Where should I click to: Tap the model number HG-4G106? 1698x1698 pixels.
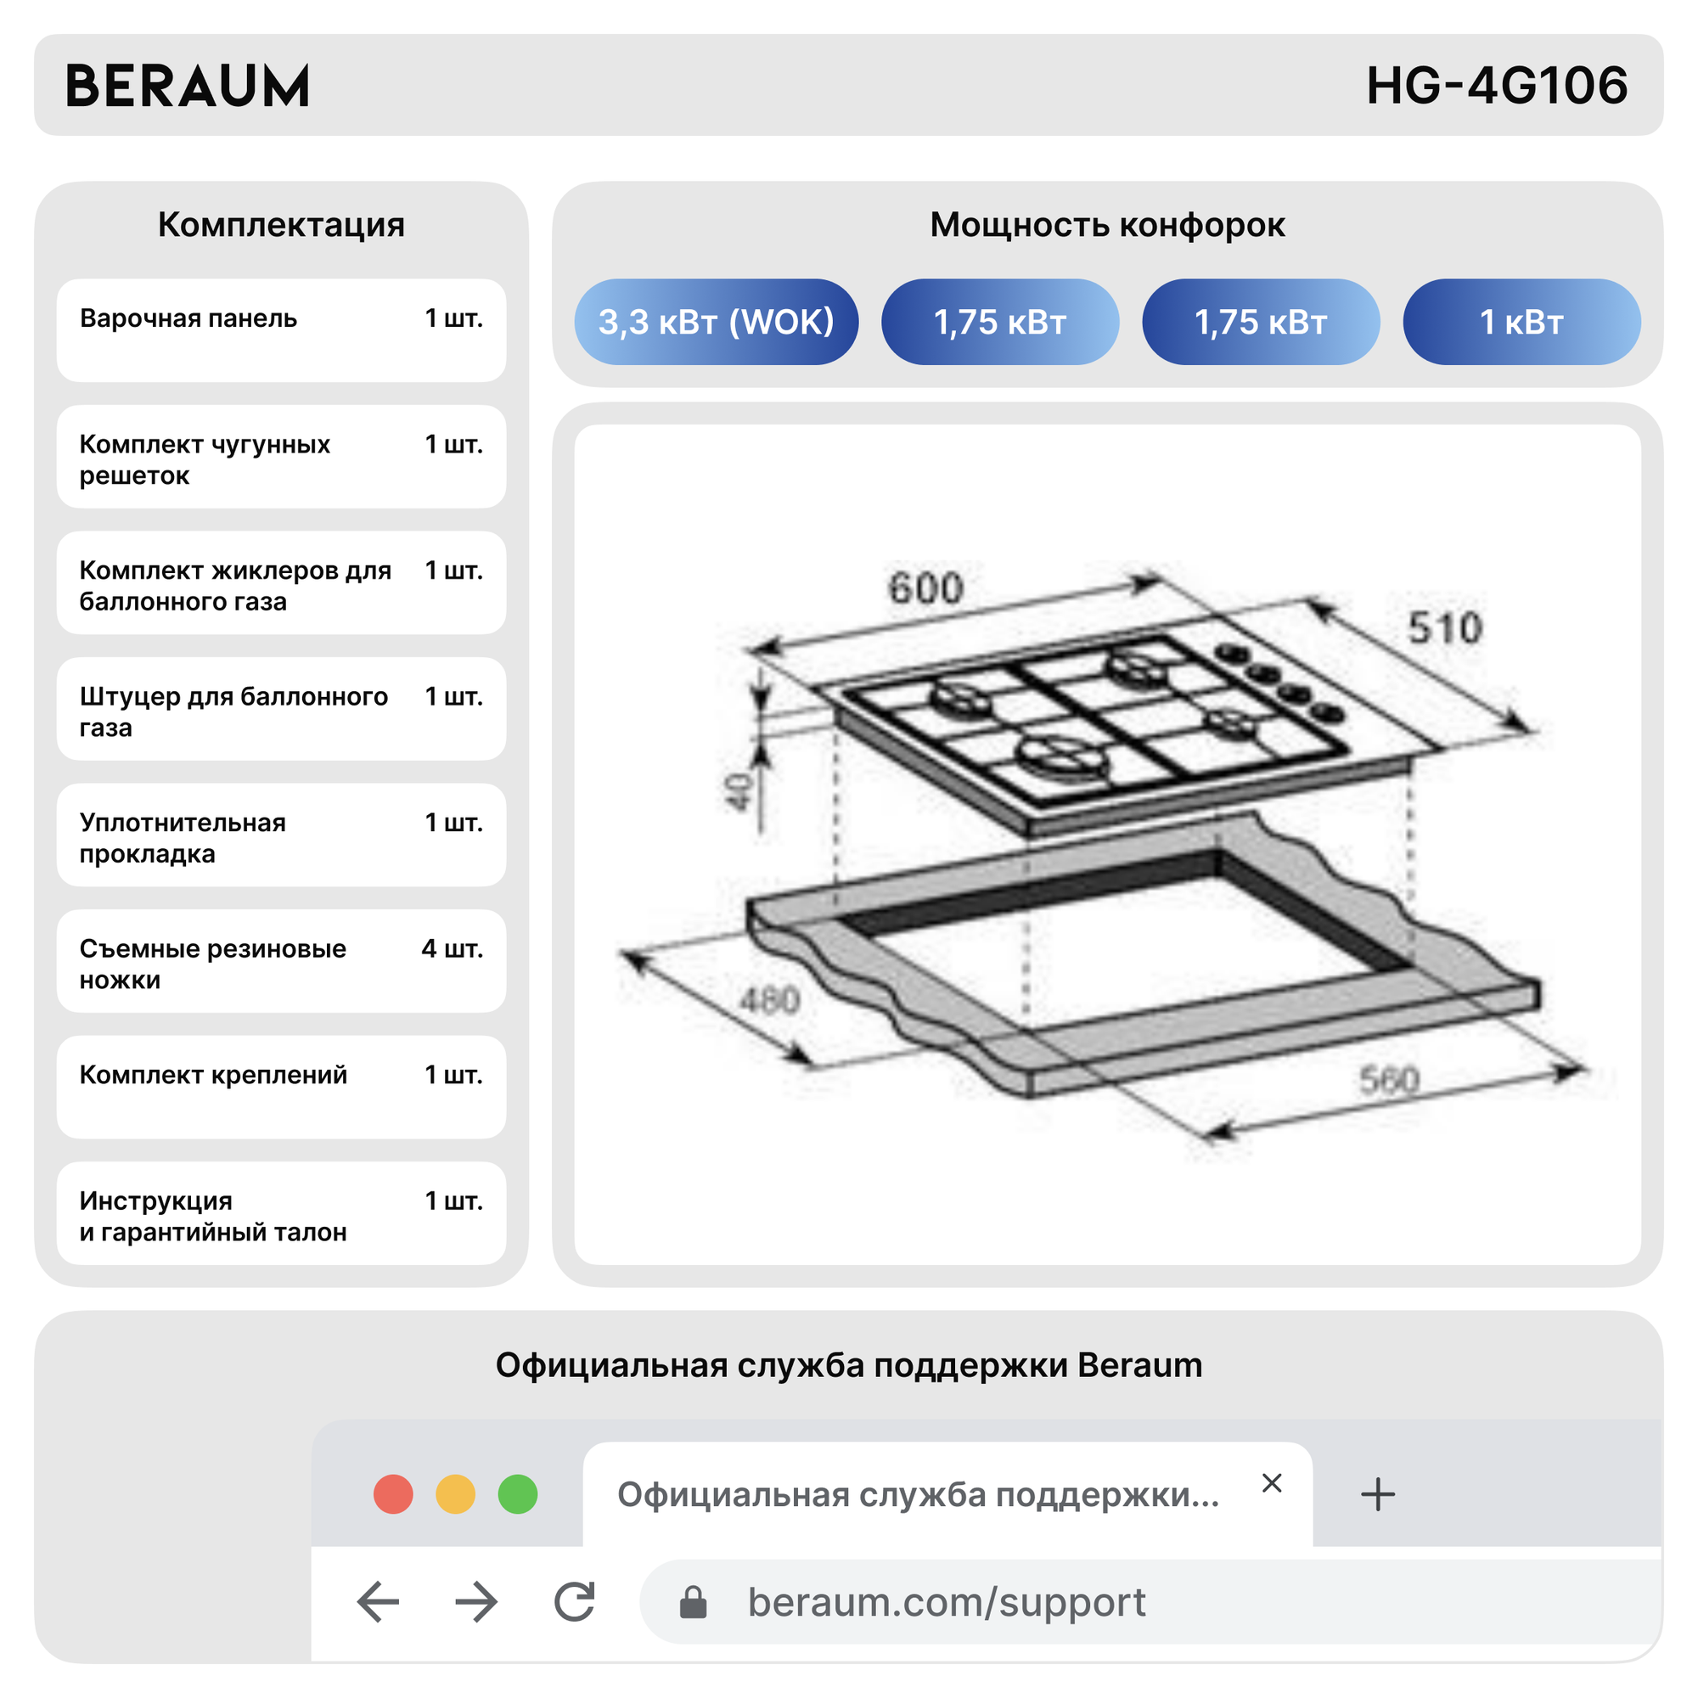click(x=1496, y=86)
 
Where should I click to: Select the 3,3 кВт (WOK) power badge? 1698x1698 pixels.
click(x=716, y=322)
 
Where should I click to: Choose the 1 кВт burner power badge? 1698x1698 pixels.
click(x=1521, y=322)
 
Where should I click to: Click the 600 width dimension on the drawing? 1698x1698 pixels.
click(x=925, y=588)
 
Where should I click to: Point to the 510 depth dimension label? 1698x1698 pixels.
click(x=1444, y=627)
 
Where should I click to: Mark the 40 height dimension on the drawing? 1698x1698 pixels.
click(x=739, y=792)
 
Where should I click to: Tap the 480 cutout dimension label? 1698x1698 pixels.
click(x=769, y=1000)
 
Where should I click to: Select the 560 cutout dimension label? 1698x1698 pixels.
click(x=1389, y=1079)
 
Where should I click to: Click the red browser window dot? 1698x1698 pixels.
click(x=393, y=1494)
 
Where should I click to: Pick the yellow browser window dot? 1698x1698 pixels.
click(x=455, y=1494)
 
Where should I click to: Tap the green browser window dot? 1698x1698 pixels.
click(x=518, y=1494)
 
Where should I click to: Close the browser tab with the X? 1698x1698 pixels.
click(x=1271, y=1482)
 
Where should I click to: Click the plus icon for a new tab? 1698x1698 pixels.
click(x=1377, y=1494)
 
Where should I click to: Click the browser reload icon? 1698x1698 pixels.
click(x=575, y=1601)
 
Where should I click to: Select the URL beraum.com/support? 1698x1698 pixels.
click(x=946, y=1601)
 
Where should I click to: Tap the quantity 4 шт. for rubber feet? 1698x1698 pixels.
click(x=452, y=948)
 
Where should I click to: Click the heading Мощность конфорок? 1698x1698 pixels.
click(x=1106, y=225)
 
